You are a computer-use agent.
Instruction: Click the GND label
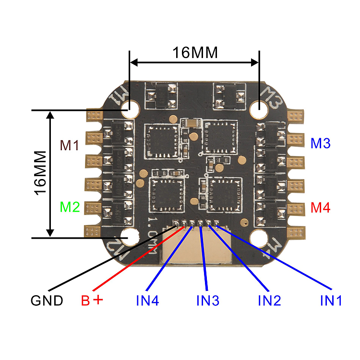click(x=47, y=301)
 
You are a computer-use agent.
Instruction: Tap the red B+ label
click(x=92, y=301)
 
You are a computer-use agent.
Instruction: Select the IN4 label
click(x=147, y=301)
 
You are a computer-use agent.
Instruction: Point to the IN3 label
click(x=208, y=301)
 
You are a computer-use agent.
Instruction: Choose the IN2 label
click(x=269, y=301)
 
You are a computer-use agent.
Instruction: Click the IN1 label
click(x=331, y=301)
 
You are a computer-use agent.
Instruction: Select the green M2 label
click(x=69, y=207)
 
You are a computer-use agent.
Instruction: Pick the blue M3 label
click(x=320, y=143)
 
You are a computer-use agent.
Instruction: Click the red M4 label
click(x=320, y=208)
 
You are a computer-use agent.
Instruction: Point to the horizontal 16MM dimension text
click(x=195, y=52)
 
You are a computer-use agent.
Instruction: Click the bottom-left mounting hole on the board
click(x=131, y=236)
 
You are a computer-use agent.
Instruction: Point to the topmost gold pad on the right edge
click(x=297, y=115)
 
